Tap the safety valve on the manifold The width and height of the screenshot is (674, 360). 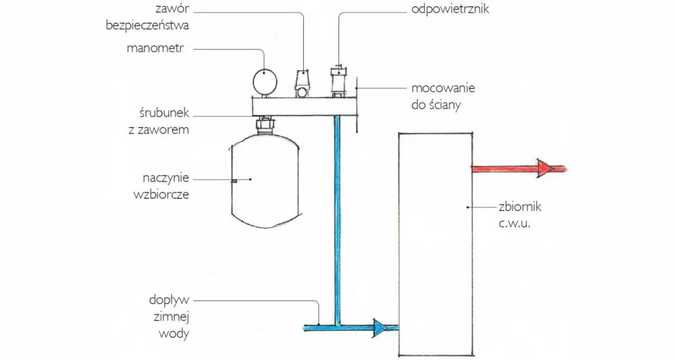tap(303, 84)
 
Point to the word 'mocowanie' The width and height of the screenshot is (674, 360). tap(442, 89)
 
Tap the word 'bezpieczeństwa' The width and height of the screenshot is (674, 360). tap(147, 26)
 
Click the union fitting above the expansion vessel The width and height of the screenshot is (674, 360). tap(265, 125)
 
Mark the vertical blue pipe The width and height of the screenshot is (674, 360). tap(337, 218)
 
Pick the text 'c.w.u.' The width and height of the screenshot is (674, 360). tap(514, 223)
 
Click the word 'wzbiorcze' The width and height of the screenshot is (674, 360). tap(160, 194)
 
